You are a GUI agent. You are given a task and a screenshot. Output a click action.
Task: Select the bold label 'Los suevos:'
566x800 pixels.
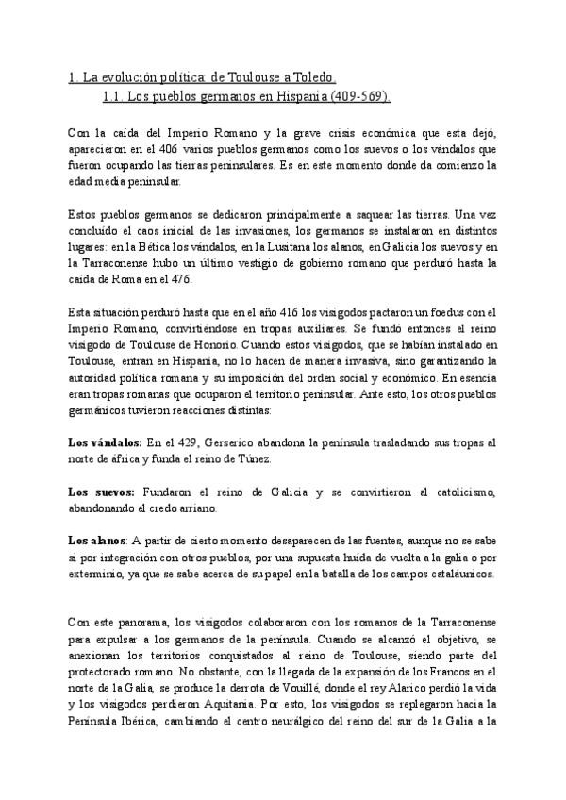[100, 492]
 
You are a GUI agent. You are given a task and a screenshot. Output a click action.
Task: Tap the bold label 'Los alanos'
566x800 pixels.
[97, 541]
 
